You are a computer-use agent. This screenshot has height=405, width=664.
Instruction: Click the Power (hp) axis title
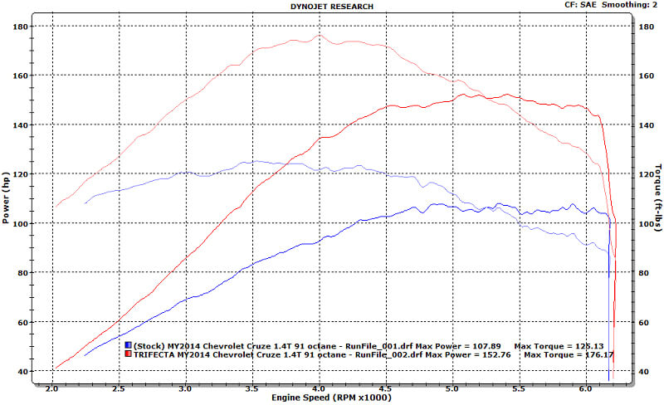tap(8, 198)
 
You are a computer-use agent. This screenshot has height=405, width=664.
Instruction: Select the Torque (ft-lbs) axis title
tap(655, 198)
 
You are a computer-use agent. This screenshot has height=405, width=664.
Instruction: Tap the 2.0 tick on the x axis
tap(52, 388)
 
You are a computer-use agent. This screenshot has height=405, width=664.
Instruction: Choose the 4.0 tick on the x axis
tap(320, 388)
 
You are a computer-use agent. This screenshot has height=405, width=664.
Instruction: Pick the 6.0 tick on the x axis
tap(586, 388)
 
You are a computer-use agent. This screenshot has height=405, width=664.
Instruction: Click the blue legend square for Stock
tap(129, 345)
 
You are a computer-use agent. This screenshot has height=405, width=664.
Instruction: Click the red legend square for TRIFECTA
tap(129, 355)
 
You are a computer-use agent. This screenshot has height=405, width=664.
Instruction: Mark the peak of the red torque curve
tap(320, 34)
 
